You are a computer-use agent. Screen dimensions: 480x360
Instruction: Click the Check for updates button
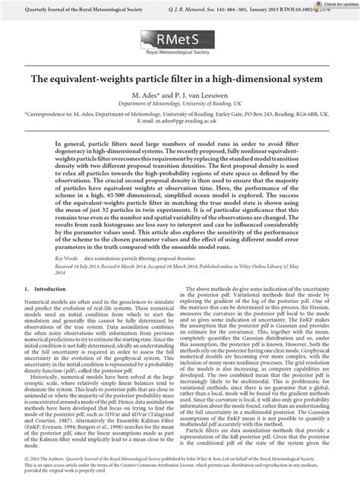tap(334, 5)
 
